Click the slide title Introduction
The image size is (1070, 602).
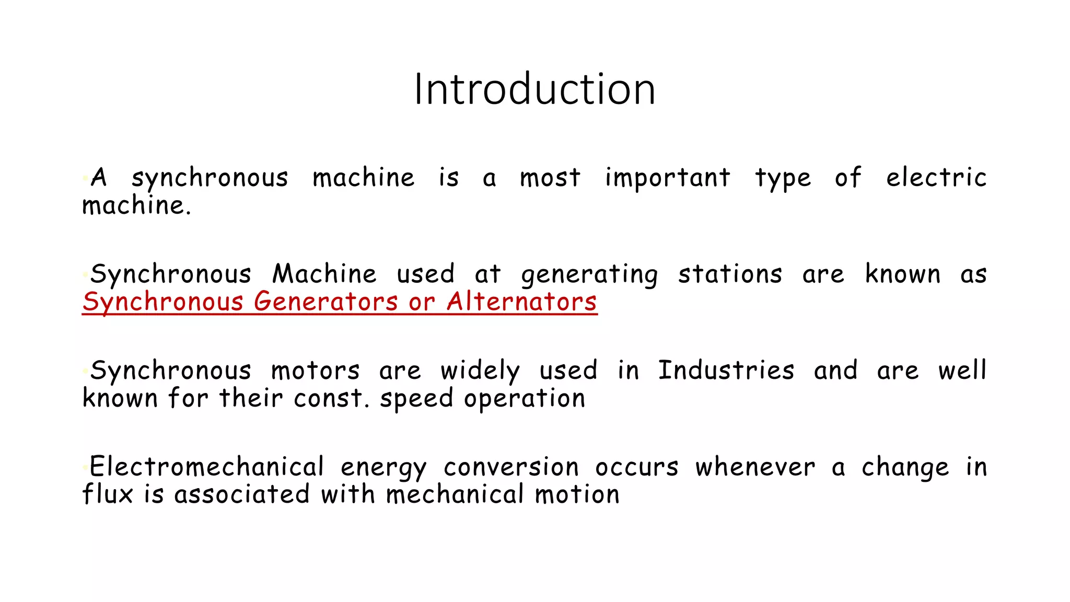click(x=534, y=89)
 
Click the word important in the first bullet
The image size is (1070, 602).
click(x=667, y=178)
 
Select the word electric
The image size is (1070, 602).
click(x=936, y=178)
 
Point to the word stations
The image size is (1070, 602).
click(x=730, y=274)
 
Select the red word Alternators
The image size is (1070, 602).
click(x=521, y=302)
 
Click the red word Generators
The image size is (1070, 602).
click(x=325, y=302)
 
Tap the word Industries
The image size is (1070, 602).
click(x=726, y=371)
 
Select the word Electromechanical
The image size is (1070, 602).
click(x=207, y=467)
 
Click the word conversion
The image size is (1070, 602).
click(x=511, y=467)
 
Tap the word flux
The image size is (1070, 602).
click(x=107, y=494)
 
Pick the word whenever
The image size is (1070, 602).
click(x=755, y=467)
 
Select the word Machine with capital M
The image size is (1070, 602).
click(x=324, y=274)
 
